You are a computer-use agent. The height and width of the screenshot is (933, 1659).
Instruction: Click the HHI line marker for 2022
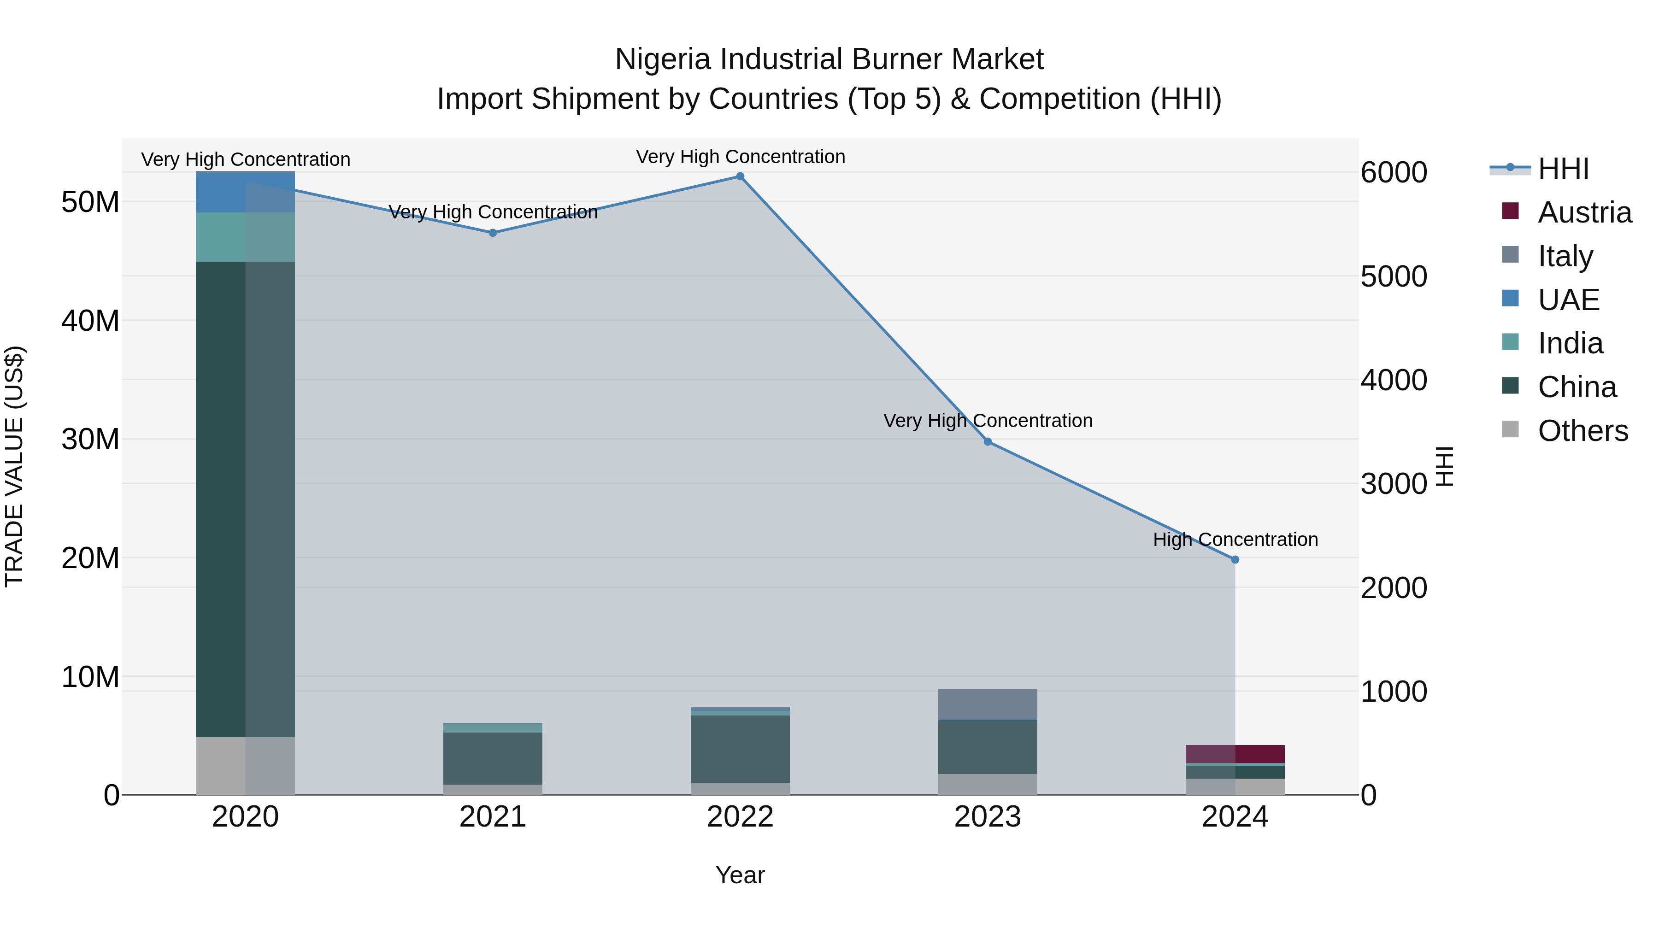[740, 176]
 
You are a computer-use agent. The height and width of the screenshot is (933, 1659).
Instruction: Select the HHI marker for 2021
[493, 233]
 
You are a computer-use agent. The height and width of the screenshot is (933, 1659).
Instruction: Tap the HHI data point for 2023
[988, 442]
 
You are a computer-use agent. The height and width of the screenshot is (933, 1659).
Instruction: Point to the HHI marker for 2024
[1235, 559]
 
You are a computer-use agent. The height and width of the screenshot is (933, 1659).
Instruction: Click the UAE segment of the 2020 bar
[245, 192]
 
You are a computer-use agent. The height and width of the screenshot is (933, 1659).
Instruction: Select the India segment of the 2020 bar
[245, 237]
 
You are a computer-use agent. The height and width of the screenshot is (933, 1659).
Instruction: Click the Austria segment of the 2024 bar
[1235, 753]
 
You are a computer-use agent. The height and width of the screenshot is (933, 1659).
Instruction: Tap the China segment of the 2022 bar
[740, 748]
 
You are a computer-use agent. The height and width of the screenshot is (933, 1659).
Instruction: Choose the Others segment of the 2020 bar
[245, 766]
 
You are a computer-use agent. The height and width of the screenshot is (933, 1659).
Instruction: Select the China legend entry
[1577, 387]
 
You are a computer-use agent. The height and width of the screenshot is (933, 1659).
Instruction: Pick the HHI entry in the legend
[1563, 169]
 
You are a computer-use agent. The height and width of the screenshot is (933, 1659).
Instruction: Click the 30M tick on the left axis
[90, 440]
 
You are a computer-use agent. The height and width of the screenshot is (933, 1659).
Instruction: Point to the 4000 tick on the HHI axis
[1394, 380]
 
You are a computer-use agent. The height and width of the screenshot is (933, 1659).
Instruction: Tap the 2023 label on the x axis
[987, 817]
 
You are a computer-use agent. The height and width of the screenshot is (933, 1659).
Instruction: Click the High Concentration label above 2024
[1235, 540]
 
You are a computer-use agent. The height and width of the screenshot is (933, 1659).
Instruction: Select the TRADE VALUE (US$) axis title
[14, 466]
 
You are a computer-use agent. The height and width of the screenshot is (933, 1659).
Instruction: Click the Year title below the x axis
[740, 875]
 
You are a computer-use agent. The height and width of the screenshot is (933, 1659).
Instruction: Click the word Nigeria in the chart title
[663, 59]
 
